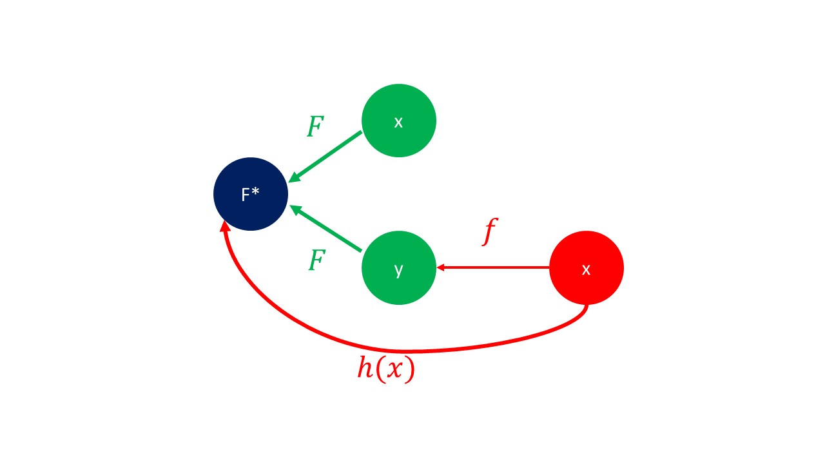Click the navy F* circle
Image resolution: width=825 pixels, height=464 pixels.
[251, 194]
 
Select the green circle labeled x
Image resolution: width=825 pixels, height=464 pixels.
[399, 121]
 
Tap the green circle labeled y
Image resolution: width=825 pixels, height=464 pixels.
[399, 268]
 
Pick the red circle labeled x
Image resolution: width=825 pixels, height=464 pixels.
[587, 268]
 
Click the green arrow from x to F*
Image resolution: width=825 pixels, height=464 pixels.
[325, 157]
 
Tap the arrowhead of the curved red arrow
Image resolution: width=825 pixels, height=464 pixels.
[225, 226]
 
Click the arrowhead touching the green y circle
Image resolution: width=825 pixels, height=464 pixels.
[441, 267]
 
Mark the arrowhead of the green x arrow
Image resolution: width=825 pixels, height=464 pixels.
[293, 177]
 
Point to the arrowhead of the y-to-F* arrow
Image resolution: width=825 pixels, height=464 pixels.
[295, 209]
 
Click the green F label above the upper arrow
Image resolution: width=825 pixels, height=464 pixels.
[315, 127]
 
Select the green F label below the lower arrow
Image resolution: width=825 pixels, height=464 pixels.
[316, 261]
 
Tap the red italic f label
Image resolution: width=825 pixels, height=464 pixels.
[490, 232]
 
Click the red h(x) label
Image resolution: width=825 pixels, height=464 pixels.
[386, 369]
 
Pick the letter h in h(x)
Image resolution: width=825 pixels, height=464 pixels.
[365, 369]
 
